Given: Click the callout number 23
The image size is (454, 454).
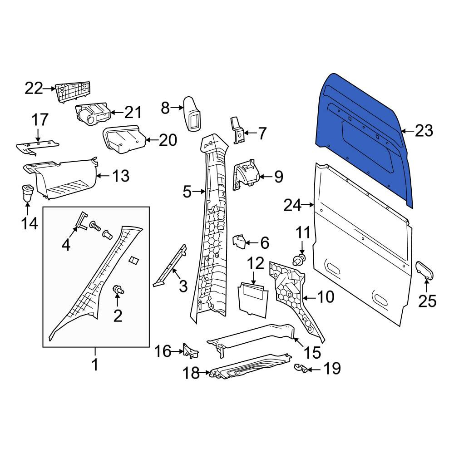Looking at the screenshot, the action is point(424,131).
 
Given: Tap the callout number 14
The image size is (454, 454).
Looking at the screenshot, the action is point(30,223).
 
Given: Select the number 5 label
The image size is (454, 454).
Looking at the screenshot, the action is point(187,192).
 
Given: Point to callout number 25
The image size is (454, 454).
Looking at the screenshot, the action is point(427,301).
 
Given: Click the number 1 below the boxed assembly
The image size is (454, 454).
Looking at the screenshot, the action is point(95,364).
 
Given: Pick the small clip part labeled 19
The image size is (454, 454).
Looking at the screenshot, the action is point(301,368).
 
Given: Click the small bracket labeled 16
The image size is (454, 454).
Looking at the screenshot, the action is point(190,350).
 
